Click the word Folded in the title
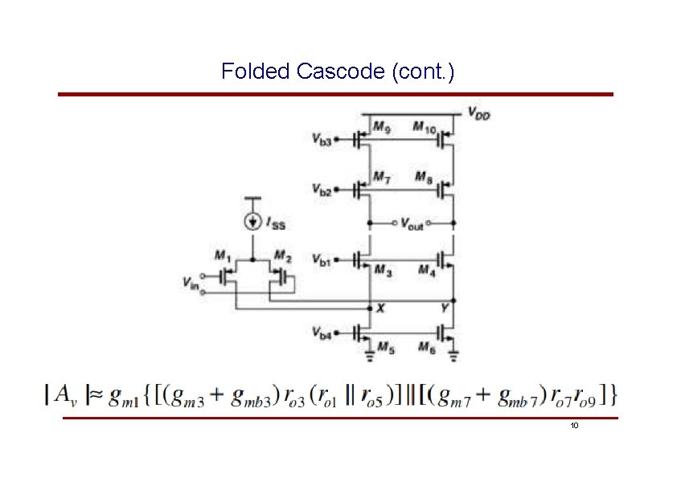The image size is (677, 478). click(255, 71)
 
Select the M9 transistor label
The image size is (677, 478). click(382, 127)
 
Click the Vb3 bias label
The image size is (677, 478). click(322, 139)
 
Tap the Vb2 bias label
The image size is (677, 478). click(322, 190)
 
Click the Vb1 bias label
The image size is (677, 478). click(322, 261)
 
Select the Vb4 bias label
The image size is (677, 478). click(322, 331)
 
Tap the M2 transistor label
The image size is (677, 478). click(281, 256)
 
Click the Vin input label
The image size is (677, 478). click(191, 283)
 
